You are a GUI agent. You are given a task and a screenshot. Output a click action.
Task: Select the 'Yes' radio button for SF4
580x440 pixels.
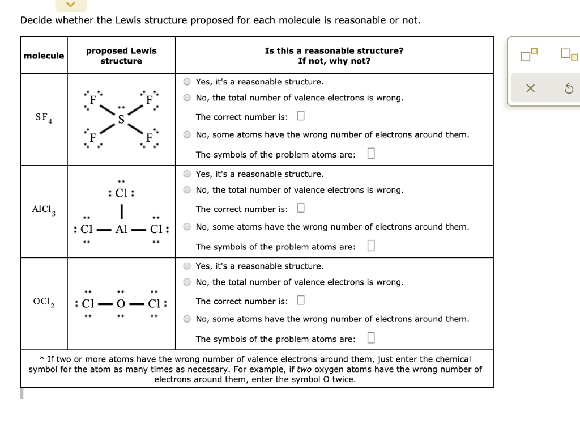(x=187, y=82)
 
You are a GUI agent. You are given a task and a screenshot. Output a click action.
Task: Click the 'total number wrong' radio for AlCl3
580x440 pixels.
(x=187, y=190)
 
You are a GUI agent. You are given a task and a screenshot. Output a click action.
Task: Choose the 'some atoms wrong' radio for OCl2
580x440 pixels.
(x=187, y=319)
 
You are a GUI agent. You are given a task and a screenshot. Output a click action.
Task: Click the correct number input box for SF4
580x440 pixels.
(x=301, y=116)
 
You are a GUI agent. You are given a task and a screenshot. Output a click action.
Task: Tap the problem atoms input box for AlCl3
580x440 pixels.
(x=370, y=246)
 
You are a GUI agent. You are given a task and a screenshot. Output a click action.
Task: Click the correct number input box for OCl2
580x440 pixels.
(x=301, y=301)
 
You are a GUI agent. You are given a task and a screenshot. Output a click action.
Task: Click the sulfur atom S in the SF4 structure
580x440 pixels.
(x=121, y=119)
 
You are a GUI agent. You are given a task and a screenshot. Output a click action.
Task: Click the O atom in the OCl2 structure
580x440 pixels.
(x=120, y=303)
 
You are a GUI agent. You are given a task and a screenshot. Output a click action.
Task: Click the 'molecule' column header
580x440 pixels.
(x=44, y=56)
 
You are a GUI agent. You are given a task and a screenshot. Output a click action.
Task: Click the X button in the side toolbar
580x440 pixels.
(x=530, y=88)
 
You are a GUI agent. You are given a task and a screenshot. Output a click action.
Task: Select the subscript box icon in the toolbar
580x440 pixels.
(x=569, y=55)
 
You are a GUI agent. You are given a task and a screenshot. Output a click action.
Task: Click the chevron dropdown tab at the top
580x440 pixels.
(x=71, y=5)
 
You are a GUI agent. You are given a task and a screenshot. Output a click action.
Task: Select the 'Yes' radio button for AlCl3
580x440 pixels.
(x=187, y=174)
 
